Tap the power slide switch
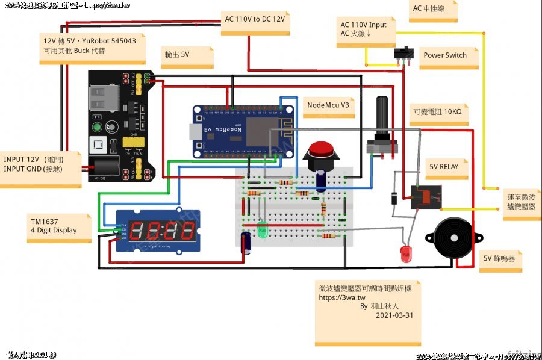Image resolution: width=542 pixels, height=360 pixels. (404, 53)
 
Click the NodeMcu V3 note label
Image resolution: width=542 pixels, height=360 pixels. (328, 105)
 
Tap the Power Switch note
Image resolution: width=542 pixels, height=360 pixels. (445, 55)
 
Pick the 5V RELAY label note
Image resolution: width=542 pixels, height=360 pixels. (444, 167)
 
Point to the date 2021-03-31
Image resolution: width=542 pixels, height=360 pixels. (394, 315)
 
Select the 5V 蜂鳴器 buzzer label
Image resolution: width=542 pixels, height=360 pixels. (499, 258)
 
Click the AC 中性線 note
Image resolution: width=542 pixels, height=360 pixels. (428, 8)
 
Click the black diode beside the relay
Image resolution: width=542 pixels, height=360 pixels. (393, 197)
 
